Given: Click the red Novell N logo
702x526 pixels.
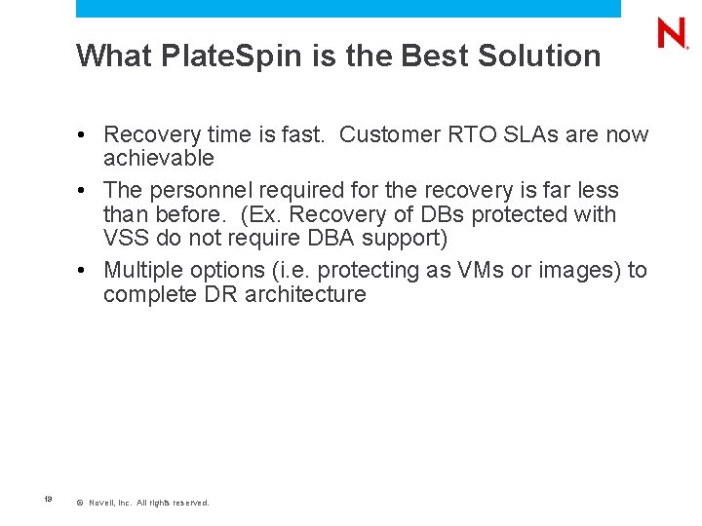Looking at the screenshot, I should (x=673, y=33).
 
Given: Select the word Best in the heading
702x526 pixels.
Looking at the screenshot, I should (x=434, y=56).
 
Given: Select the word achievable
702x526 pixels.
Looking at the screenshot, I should (x=159, y=158).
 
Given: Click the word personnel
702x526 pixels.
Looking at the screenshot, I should (x=202, y=189).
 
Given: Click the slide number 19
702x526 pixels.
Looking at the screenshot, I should (x=48, y=501).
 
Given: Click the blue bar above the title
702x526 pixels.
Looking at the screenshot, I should (x=348, y=9).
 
